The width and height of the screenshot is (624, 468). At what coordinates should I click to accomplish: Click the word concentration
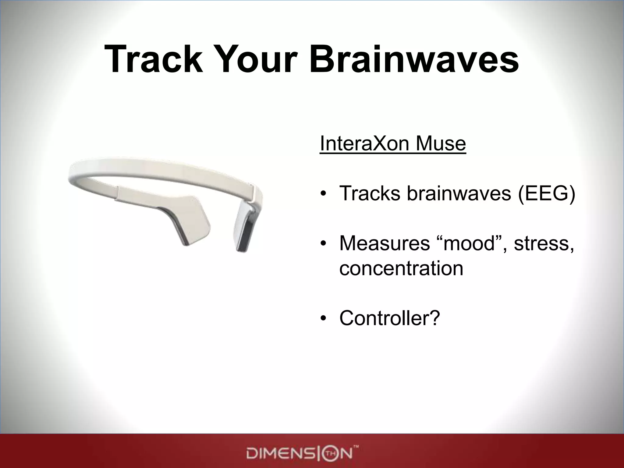click(x=401, y=268)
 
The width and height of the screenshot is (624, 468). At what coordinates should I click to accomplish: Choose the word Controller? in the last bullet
click(x=390, y=318)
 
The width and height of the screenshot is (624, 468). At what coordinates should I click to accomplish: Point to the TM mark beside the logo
click(x=356, y=447)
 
